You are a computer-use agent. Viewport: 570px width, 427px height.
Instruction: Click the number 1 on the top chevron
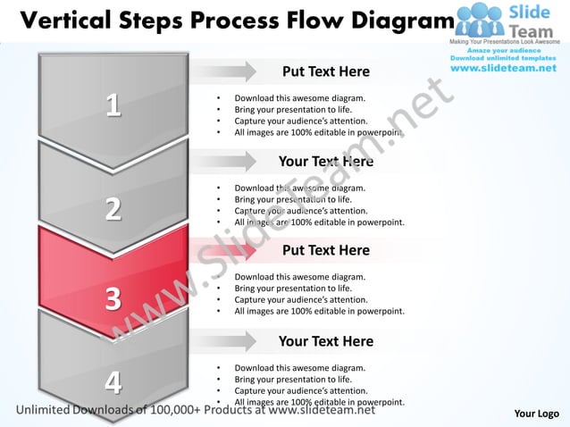(113, 105)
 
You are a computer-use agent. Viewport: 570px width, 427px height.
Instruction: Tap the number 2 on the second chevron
(113, 209)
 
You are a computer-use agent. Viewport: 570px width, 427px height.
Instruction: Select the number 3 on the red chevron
(113, 297)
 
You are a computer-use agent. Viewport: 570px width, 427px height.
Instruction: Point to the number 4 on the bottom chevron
(113, 382)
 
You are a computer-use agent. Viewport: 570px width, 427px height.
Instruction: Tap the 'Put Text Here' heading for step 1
(325, 71)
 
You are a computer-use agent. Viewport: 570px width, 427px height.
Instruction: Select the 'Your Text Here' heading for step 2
(325, 162)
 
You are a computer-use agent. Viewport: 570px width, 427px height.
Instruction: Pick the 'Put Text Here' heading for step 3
(325, 250)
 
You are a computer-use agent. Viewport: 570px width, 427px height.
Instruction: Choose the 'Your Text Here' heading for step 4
(325, 341)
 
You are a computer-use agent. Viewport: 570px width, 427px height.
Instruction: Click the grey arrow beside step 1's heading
(222, 71)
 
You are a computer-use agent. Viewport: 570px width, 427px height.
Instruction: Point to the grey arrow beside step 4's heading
(222, 340)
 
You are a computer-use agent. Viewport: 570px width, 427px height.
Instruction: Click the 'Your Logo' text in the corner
(537, 413)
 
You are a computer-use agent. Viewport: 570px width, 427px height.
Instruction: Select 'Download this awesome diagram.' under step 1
(299, 98)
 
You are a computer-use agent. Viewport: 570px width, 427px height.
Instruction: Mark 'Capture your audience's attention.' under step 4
(300, 390)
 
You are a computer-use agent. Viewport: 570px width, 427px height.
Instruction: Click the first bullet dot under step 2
(219, 188)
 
